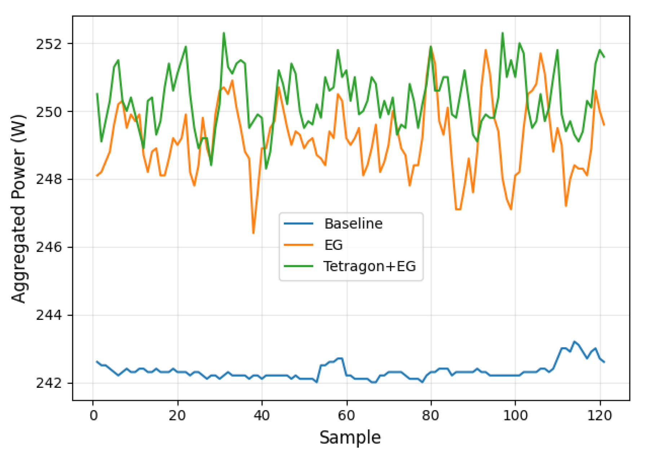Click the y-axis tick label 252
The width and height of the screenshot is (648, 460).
pos(49,44)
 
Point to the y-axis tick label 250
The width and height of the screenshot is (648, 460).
pos(49,112)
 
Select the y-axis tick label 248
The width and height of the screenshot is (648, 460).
pos(49,179)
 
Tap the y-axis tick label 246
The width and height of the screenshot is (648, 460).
pos(49,247)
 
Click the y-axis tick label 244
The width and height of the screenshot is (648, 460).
pos(49,315)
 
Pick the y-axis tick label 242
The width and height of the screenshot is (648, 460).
pos(49,383)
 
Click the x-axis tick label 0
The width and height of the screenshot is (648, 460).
pos(93,416)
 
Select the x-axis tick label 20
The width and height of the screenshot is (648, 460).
pos(177,416)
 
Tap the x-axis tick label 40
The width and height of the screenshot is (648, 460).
pos(262,416)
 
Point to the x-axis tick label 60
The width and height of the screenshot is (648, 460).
pos(347,416)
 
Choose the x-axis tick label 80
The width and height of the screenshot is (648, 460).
pos(431,416)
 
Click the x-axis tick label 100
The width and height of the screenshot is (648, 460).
pos(515,416)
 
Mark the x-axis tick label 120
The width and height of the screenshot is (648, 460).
pos(600,416)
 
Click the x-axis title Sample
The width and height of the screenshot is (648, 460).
pos(350,438)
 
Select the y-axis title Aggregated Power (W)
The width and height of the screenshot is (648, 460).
pos(19,208)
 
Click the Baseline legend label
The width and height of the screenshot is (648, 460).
pos(353,224)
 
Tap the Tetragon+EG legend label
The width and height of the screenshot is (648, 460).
pos(370,266)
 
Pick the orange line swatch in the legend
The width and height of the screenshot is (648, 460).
pos(299,245)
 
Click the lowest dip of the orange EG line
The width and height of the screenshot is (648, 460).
pos(254,233)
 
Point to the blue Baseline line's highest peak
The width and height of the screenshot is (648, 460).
pos(574,341)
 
